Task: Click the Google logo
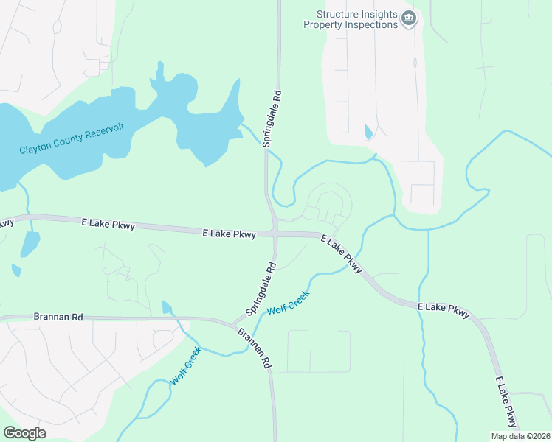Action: pyautogui.click(x=24, y=432)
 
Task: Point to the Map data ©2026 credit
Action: pyautogui.click(x=520, y=436)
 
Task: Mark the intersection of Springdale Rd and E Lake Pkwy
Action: pyautogui.click(x=275, y=234)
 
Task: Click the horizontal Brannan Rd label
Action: pyautogui.click(x=58, y=317)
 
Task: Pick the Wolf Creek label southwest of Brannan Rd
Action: pyautogui.click(x=185, y=366)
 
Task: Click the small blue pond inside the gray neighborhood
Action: pyautogui.click(x=368, y=132)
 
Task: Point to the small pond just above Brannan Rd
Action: pyautogui.click(x=166, y=307)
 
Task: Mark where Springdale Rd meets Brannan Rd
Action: pyautogui.click(x=235, y=323)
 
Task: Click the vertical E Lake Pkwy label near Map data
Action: pyautogui.click(x=506, y=401)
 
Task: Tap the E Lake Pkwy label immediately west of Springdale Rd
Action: pyautogui.click(x=229, y=234)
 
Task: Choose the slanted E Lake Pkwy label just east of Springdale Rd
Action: pyautogui.click(x=342, y=254)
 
